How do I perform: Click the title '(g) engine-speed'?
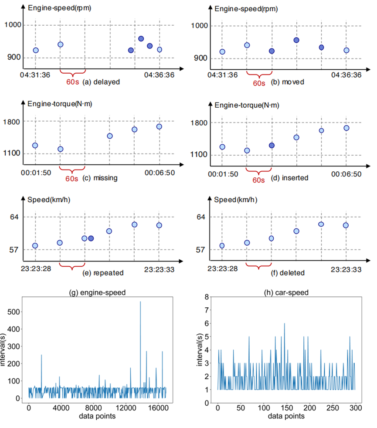click(98, 292)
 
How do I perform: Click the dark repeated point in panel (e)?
click(91, 238)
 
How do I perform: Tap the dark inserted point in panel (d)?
click(272, 145)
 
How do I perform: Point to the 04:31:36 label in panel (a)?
click(35, 75)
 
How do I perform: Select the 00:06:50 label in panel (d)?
click(346, 174)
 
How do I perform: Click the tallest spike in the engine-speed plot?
click(140, 302)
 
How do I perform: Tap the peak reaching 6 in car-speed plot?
click(284, 323)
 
